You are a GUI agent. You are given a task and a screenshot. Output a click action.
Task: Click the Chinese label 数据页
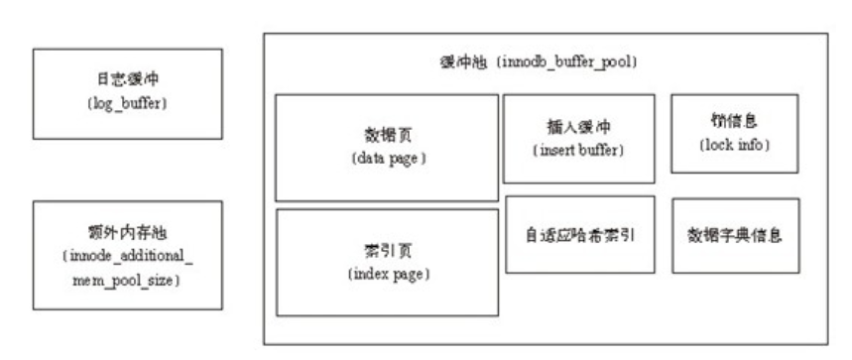coord(388,135)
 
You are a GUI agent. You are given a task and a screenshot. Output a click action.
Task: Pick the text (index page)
coord(388,273)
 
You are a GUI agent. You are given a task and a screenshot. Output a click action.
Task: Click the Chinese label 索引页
coord(388,249)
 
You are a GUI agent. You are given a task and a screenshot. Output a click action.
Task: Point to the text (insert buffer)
coord(578,150)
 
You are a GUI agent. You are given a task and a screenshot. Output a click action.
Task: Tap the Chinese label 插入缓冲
coord(578,126)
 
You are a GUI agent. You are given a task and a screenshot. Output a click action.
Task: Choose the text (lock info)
coord(735,145)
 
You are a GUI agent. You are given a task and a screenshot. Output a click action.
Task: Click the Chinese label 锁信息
coord(735,121)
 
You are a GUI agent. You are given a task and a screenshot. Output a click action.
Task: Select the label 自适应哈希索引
coord(580,236)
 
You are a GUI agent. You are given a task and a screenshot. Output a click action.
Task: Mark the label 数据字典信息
coord(735,236)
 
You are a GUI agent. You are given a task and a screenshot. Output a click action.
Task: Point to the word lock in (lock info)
coord(720,145)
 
